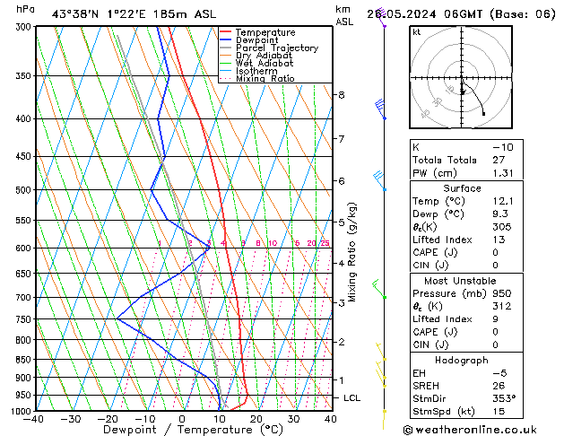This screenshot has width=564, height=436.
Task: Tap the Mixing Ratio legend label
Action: pos(265,79)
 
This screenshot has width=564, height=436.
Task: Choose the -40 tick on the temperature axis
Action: pos(34,419)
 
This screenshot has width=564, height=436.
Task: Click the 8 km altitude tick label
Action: pos(341,95)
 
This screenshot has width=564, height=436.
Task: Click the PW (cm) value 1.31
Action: pos(506,173)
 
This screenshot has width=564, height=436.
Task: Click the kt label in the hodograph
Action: pos(416,32)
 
